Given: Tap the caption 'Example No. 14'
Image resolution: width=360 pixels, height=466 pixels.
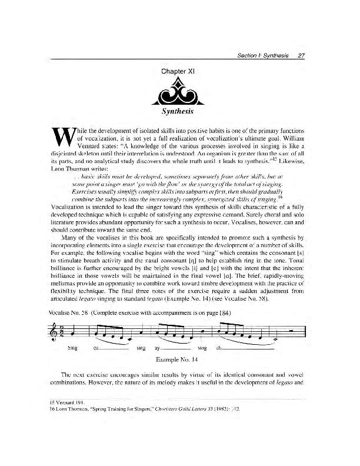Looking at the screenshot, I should click(x=178, y=358).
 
